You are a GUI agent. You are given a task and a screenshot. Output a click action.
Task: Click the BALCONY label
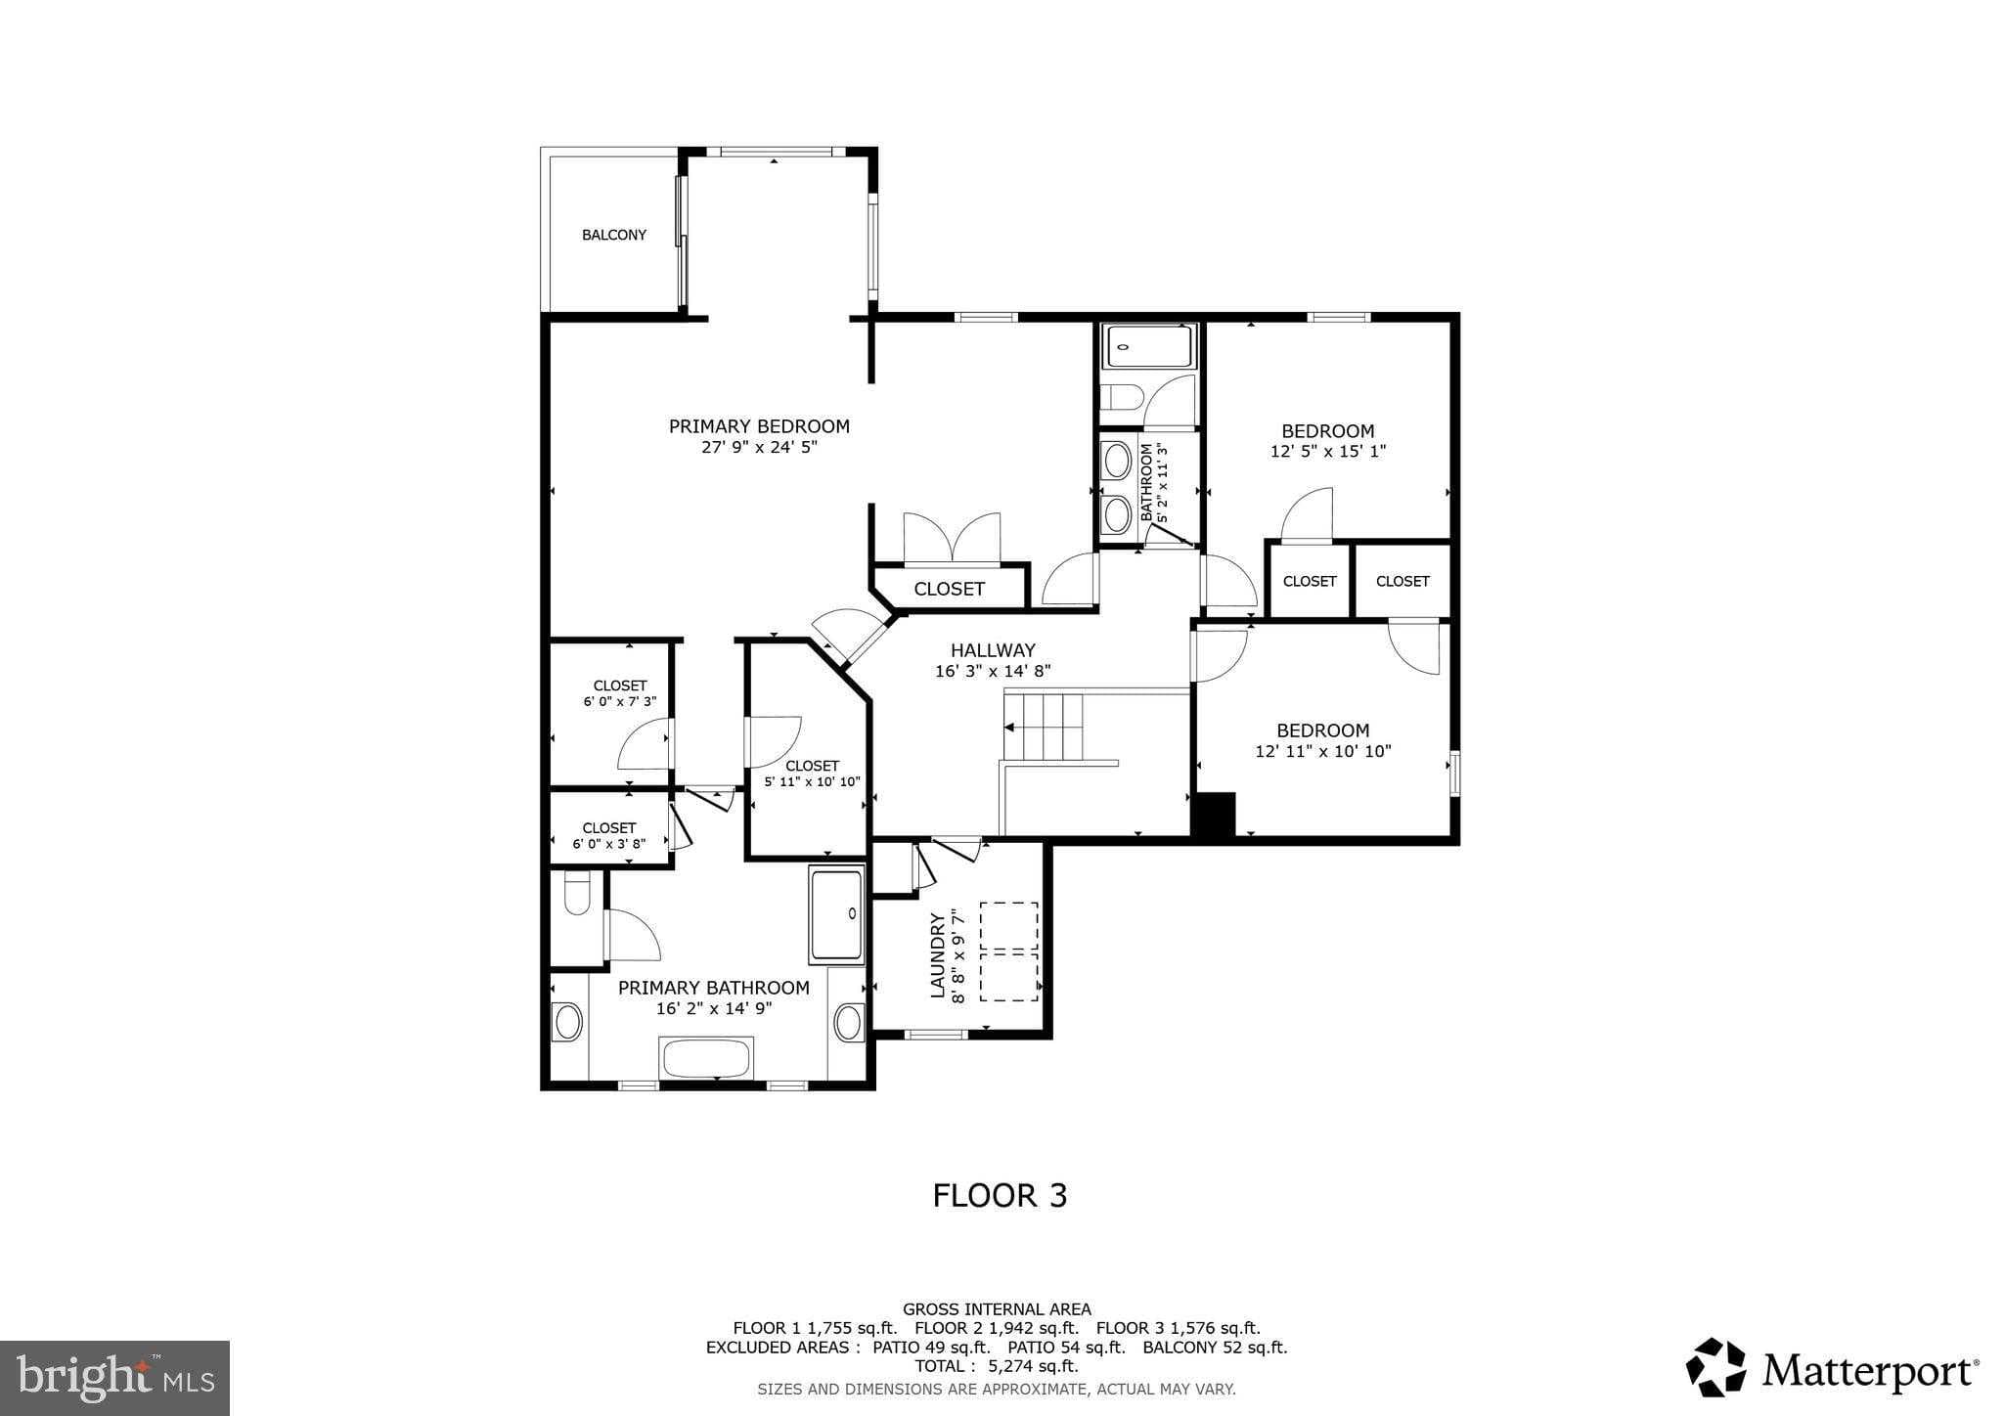(614, 235)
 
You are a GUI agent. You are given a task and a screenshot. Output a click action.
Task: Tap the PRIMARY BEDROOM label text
(759, 426)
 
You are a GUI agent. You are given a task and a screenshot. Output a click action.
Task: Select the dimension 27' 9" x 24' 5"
(759, 448)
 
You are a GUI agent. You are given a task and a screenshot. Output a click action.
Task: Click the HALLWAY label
(993, 650)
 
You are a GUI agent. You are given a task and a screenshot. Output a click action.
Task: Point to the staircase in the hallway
(1045, 728)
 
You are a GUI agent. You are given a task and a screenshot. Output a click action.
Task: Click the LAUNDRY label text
(937, 955)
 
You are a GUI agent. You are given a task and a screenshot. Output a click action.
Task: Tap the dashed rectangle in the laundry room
(1009, 951)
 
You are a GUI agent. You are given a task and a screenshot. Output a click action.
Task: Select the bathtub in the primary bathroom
(706, 1059)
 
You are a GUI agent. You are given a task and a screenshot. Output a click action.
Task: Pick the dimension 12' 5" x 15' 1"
(1328, 452)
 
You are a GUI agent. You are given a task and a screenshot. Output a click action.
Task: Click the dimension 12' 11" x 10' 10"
(1323, 751)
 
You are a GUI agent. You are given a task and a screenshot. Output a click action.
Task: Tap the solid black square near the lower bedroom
(1214, 814)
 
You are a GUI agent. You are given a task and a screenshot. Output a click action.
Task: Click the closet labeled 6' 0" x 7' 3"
(619, 693)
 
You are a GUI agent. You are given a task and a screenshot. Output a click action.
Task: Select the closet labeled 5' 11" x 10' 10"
(812, 774)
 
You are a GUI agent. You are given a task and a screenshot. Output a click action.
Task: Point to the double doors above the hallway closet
(952, 538)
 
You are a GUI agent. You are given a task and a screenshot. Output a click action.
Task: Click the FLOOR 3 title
(1000, 1196)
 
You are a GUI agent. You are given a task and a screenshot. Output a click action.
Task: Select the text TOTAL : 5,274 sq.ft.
(996, 1366)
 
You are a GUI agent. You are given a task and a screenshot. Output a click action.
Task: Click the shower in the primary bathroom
(836, 914)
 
